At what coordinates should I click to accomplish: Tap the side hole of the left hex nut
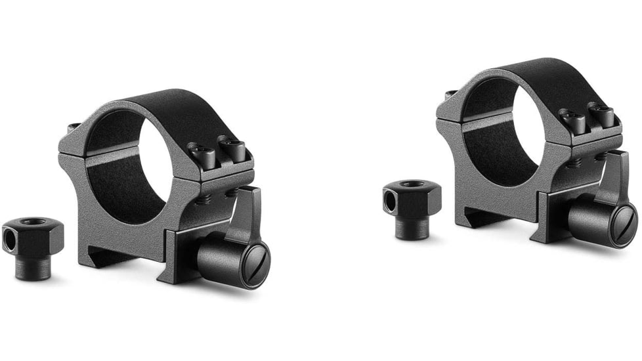9,242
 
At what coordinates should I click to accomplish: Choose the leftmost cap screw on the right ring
571,119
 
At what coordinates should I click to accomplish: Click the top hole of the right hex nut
413,184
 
